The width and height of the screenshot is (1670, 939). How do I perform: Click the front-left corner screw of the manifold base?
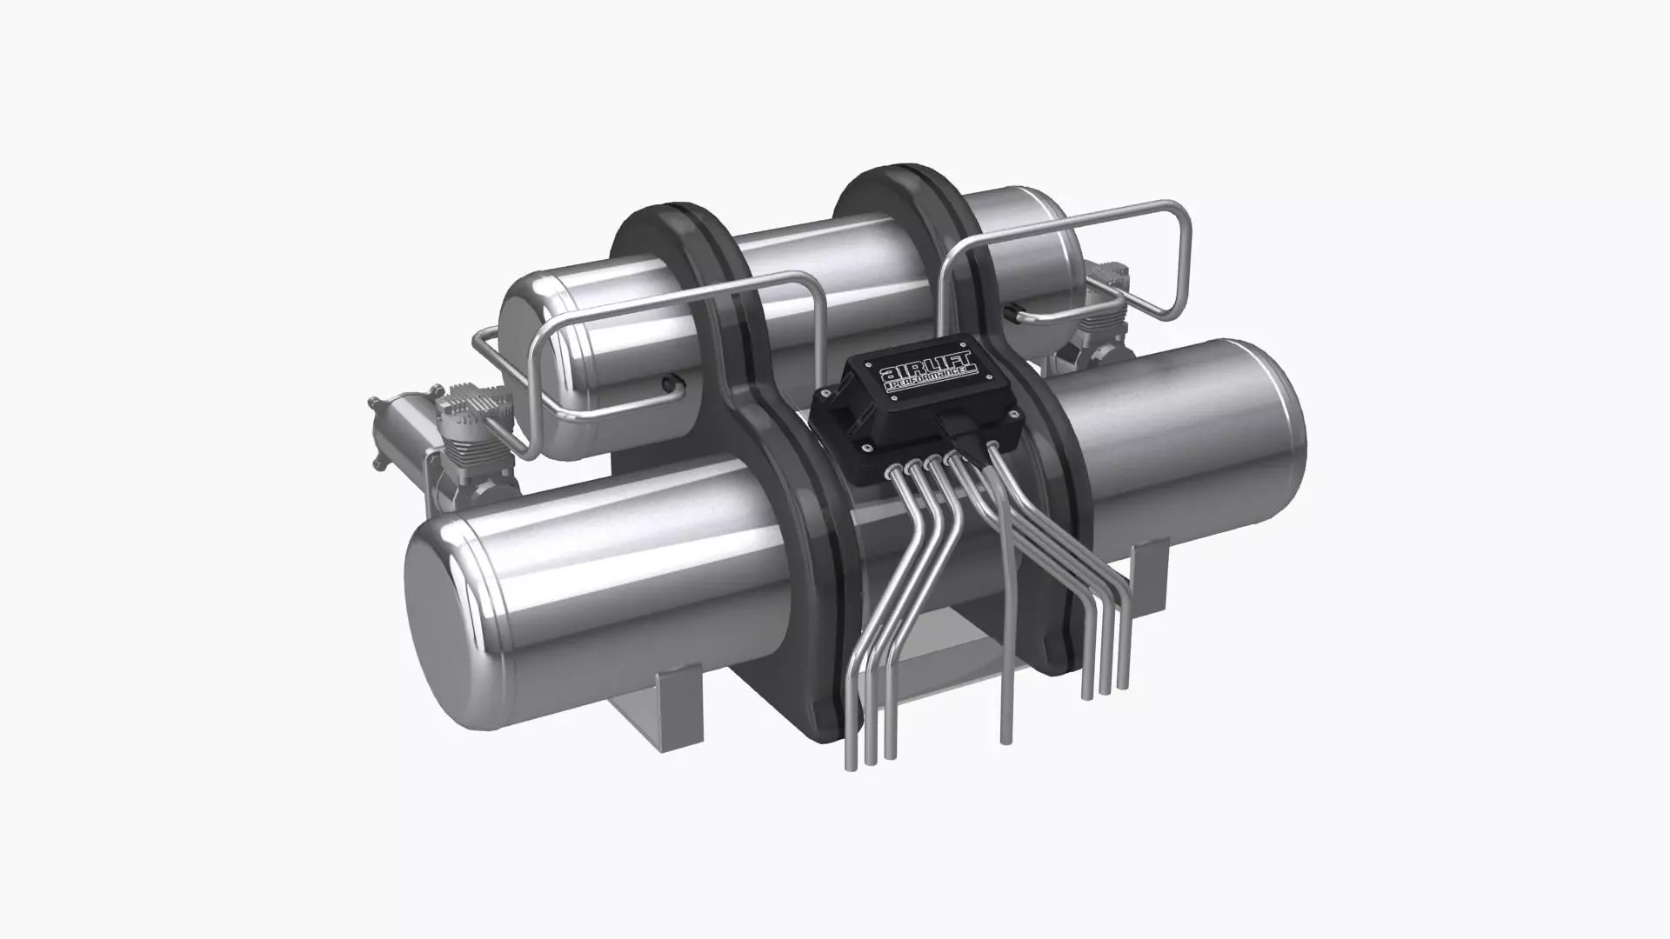click(866, 447)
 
